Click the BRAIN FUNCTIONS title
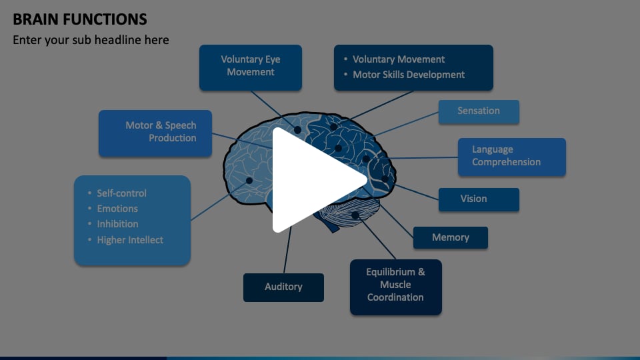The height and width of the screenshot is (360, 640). pos(80,19)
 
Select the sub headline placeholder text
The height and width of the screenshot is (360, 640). pos(91,40)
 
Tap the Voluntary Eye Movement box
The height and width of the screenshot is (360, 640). pos(251,67)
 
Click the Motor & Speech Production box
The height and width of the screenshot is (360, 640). pos(155,133)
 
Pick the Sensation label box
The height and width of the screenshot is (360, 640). pos(478,111)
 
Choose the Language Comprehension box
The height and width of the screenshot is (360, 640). pos(511,157)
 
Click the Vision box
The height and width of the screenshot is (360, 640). pos(478,199)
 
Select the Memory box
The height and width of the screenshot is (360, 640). pos(450,237)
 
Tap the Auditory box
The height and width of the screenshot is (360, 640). pos(283,287)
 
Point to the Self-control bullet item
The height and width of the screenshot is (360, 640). pos(121,193)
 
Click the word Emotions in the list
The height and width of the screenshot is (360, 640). pos(117,209)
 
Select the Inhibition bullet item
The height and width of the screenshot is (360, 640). pos(117,224)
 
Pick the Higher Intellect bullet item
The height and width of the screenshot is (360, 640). pos(130,240)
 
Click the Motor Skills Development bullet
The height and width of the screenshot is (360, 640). pos(409,75)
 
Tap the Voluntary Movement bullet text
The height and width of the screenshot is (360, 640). pos(399,59)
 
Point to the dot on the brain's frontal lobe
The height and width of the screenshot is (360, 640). pos(249,181)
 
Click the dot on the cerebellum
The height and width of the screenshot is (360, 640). pos(355,215)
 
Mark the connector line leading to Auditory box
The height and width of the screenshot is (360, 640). pos(287,250)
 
